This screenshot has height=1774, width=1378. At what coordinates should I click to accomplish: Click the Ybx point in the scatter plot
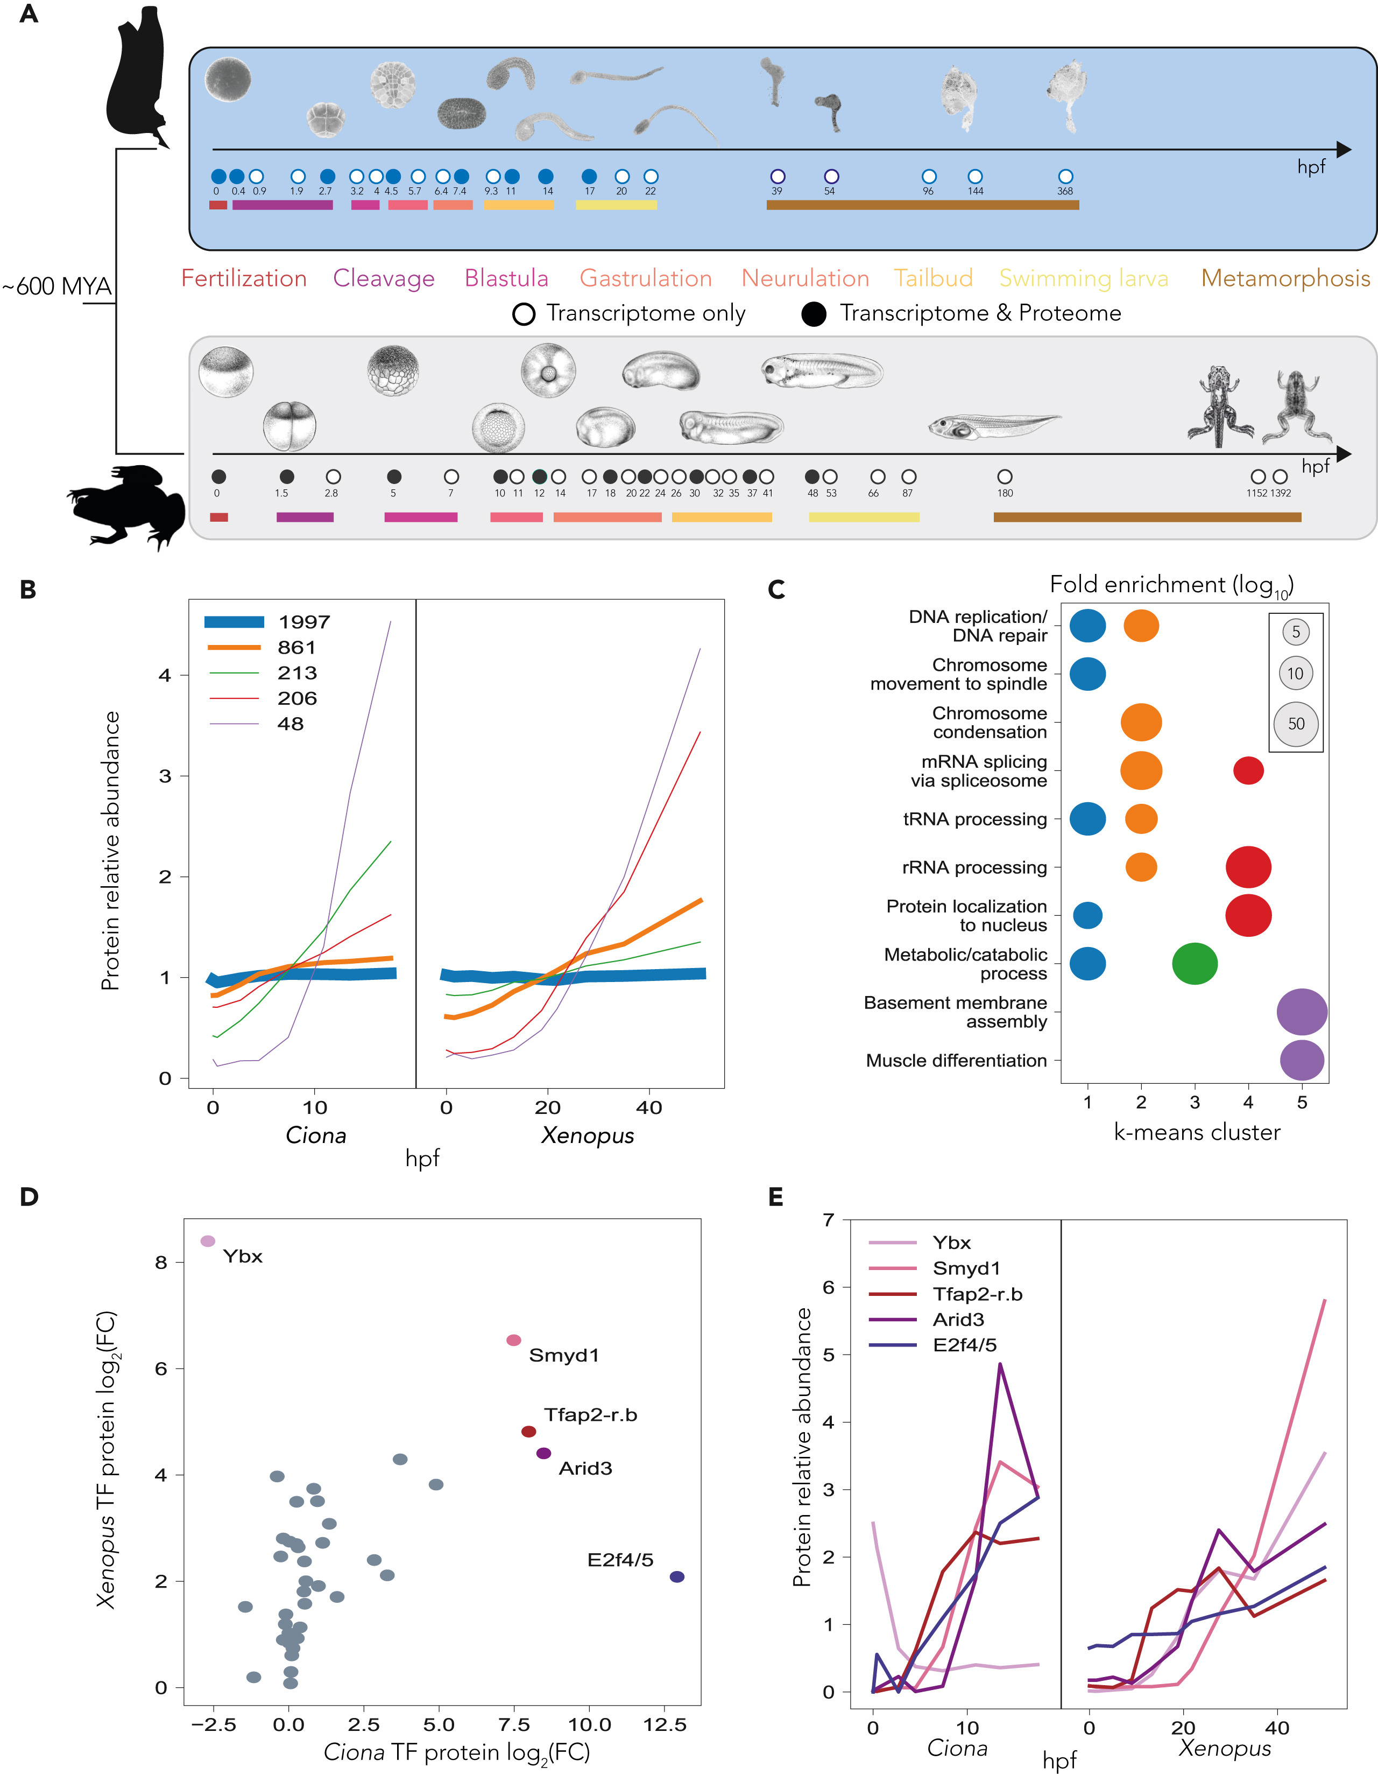[x=208, y=1241]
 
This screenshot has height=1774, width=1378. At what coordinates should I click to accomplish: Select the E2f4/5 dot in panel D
[x=676, y=1576]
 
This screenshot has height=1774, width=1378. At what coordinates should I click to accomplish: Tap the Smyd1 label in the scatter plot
[x=563, y=1355]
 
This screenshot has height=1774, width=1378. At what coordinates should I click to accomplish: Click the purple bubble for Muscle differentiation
[x=1302, y=1060]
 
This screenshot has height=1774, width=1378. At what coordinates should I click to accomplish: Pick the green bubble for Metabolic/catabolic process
[x=1195, y=964]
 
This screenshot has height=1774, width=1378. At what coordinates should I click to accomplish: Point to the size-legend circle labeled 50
[x=1296, y=724]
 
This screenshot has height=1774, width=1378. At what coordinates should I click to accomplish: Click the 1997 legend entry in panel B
[x=268, y=622]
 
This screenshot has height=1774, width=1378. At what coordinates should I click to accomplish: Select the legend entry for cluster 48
[x=268, y=724]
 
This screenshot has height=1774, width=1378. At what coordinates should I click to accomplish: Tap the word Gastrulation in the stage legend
[x=646, y=278]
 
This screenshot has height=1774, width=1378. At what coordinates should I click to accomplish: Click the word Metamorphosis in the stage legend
[x=1285, y=278]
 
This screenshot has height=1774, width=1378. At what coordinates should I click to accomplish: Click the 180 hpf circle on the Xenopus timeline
[x=1005, y=477]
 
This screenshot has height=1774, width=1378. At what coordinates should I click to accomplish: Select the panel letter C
[x=776, y=590]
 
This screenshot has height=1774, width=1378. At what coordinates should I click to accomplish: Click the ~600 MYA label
[x=57, y=287]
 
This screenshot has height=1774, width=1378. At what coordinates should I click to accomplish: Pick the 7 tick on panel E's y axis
[x=828, y=1219]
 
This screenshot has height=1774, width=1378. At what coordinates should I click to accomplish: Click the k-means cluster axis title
[x=1196, y=1132]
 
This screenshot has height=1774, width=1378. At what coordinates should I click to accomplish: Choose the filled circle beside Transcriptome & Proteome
[x=814, y=314]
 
